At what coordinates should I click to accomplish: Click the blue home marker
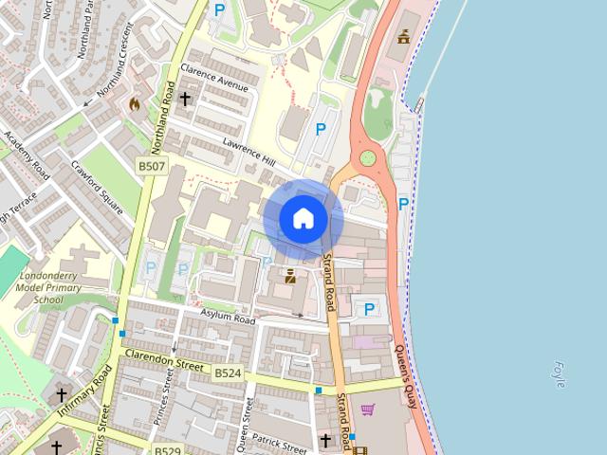[303, 219]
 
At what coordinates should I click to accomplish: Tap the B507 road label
[152, 167]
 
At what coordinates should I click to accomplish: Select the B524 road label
[228, 373]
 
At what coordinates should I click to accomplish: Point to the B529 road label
[167, 450]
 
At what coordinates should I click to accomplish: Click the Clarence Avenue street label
[213, 82]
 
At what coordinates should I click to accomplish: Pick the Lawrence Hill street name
[248, 151]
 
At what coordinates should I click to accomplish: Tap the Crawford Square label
[97, 188]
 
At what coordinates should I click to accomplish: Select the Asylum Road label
[228, 317]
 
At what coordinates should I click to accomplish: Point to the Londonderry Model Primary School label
[49, 288]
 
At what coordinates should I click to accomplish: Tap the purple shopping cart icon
[368, 409]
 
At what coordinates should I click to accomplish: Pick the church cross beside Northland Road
[185, 98]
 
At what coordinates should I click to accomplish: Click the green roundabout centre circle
[368, 158]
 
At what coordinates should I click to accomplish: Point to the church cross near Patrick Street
[325, 441]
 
